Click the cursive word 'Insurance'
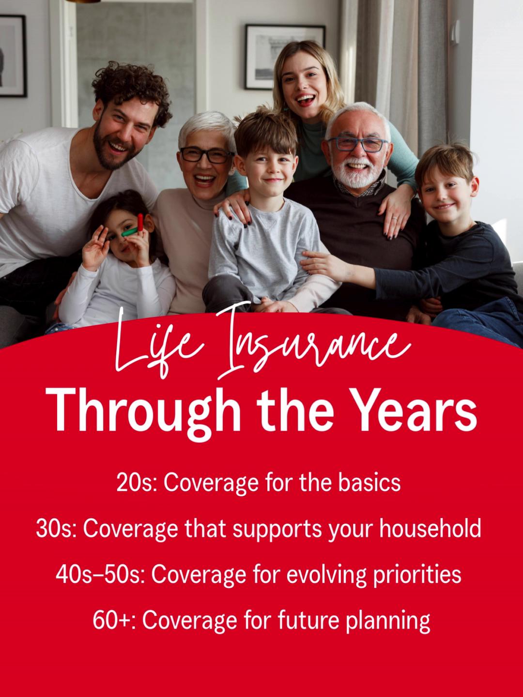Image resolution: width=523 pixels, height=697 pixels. point(310,346)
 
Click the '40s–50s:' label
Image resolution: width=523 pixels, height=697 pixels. point(100,575)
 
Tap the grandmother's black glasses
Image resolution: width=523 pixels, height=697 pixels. point(206,155)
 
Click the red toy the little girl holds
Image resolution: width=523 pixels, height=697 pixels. point(140,222)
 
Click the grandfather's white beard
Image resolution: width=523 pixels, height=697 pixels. point(357,176)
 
